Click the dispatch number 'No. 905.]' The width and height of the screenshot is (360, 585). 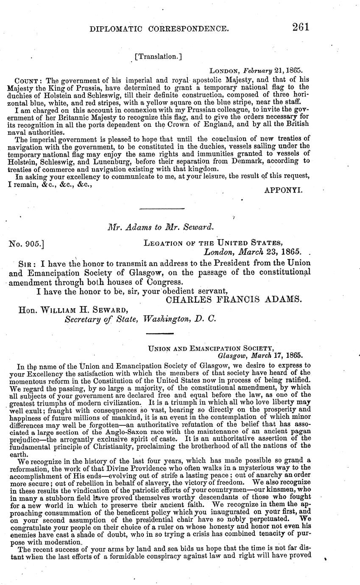[x=27, y=243]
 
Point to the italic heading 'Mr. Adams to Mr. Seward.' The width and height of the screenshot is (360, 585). [x=161, y=227]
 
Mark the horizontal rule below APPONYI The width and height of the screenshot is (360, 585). [x=162, y=209]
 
